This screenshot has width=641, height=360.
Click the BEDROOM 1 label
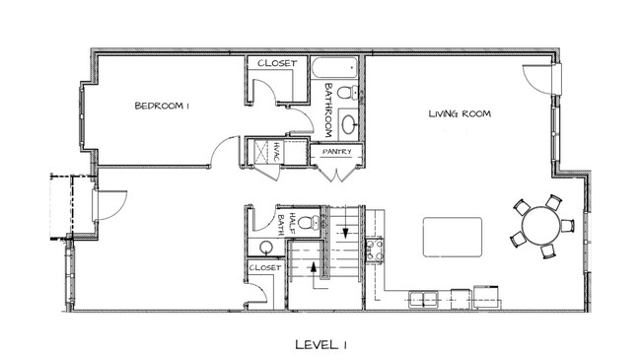point(162,106)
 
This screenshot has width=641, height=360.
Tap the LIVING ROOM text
point(460,113)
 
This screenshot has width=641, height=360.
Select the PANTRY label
point(337,152)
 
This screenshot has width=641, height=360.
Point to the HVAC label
point(276,153)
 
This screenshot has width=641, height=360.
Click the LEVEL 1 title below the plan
point(320,345)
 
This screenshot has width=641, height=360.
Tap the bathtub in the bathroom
point(334,67)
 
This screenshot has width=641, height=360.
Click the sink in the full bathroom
point(349,124)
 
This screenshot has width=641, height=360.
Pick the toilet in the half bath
point(309,222)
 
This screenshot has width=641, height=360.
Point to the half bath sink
point(266,247)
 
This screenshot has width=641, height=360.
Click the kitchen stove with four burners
point(375,250)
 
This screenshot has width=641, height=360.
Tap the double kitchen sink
point(423,299)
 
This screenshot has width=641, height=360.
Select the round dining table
point(542,226)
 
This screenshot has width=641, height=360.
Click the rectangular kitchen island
point(453,238)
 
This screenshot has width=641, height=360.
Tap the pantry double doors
point(336,174)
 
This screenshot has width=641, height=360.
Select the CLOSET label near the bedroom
point(277,63)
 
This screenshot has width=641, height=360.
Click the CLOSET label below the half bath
point(265,268)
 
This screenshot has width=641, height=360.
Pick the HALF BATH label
point(287,223)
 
